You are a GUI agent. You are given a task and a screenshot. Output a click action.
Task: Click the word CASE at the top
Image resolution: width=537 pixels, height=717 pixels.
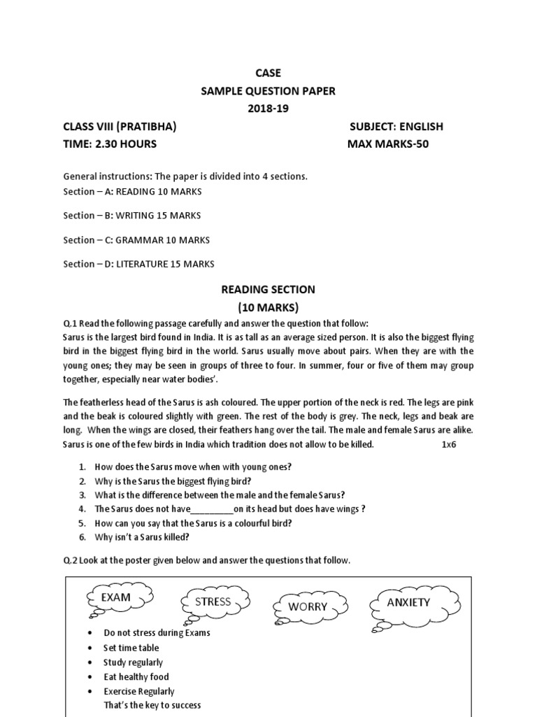pos(268,72)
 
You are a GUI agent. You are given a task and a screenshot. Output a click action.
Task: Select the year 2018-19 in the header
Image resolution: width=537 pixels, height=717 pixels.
pos(268,109)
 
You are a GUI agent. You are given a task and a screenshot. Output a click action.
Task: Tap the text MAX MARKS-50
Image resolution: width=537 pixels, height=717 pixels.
pos(388,144)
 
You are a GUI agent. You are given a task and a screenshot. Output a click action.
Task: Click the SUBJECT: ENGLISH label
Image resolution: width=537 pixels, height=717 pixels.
pos(396,127)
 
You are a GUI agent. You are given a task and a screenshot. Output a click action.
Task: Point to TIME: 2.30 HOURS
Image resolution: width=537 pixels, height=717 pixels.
pos(110,144)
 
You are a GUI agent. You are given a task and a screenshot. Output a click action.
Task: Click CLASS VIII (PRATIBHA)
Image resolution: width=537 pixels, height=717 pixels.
pos(120,127)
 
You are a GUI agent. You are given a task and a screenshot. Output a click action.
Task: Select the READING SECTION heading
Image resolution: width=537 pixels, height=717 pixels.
pos(268,289)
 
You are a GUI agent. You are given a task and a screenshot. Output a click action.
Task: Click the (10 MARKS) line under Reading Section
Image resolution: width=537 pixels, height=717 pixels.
pos(268,307)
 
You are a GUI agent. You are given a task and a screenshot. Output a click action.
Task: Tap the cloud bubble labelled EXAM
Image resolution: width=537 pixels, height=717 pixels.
pos(116,597)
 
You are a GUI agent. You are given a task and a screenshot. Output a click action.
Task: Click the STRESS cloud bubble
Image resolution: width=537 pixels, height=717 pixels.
pos(213,602)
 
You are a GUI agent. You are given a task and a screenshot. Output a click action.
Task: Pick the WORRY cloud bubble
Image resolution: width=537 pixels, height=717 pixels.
pos(308,606)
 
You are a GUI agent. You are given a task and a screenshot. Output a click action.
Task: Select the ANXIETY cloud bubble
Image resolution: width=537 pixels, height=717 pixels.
pos(408,602)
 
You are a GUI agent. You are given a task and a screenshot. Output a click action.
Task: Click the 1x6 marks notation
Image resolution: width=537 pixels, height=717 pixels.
pos(449,445)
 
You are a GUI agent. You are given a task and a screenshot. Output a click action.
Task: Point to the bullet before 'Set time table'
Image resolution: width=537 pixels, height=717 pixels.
pos(92,648)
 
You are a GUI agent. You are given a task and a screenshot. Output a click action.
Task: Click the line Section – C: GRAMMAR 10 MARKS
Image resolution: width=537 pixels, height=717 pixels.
pos(136,240)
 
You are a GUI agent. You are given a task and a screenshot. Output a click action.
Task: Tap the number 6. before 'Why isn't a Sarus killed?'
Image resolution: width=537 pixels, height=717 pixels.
pos(82,537)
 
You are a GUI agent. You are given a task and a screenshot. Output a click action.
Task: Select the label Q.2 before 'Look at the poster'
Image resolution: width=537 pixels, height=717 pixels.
pos(71,561)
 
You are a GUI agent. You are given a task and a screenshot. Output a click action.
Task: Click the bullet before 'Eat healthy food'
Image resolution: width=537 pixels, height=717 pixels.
pos(92,677)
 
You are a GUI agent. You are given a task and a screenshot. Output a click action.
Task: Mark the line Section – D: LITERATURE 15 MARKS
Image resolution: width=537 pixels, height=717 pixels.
pos(139,264)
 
